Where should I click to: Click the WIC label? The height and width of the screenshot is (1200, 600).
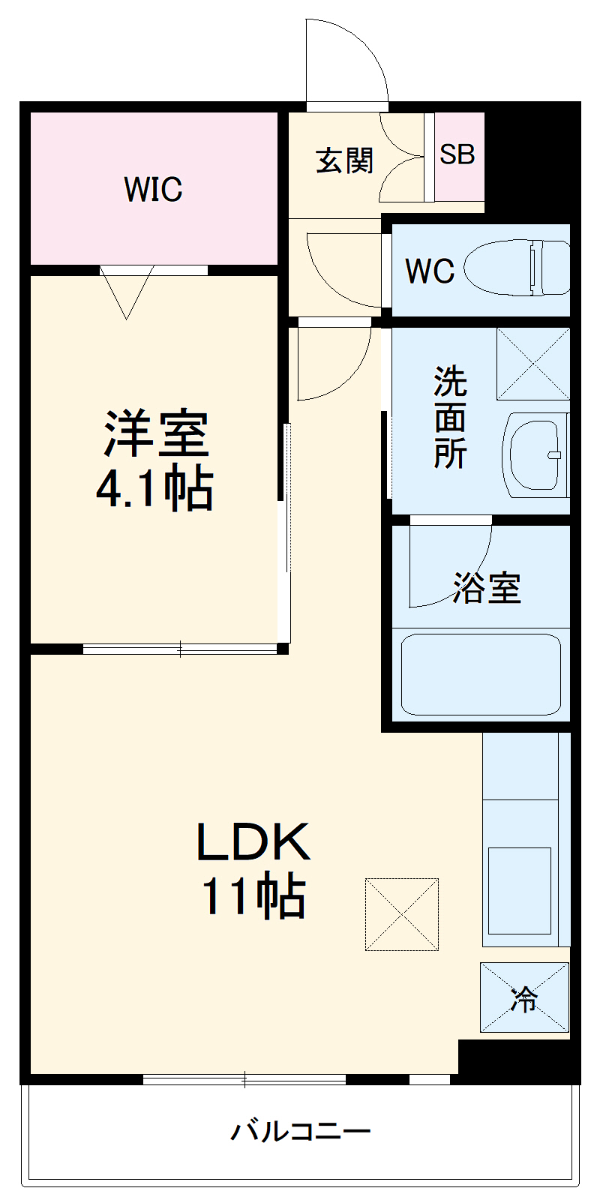point(153,189)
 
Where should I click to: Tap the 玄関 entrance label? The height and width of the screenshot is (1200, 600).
point(344,160)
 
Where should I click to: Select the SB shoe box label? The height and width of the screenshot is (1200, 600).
point(457,154)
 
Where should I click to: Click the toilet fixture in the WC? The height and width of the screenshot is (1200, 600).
point(517,268)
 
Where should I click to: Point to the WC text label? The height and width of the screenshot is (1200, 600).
point(429,271)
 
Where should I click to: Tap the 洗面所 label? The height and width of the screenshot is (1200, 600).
point(450,417)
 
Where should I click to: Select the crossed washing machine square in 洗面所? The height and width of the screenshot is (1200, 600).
point(532,364)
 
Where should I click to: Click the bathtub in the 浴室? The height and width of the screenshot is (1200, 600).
point(481,674)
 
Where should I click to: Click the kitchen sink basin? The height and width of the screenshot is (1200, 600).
point(520,889)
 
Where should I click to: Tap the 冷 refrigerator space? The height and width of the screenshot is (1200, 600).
point(524,997)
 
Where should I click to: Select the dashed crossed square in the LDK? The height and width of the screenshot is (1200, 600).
point(402,914)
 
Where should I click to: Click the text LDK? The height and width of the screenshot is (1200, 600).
point(253,841)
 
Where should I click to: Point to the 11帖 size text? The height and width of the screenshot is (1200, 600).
point(253,895)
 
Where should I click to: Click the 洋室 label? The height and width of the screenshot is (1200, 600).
point(155,433)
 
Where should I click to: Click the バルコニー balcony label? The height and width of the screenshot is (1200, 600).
point(300,1131)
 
